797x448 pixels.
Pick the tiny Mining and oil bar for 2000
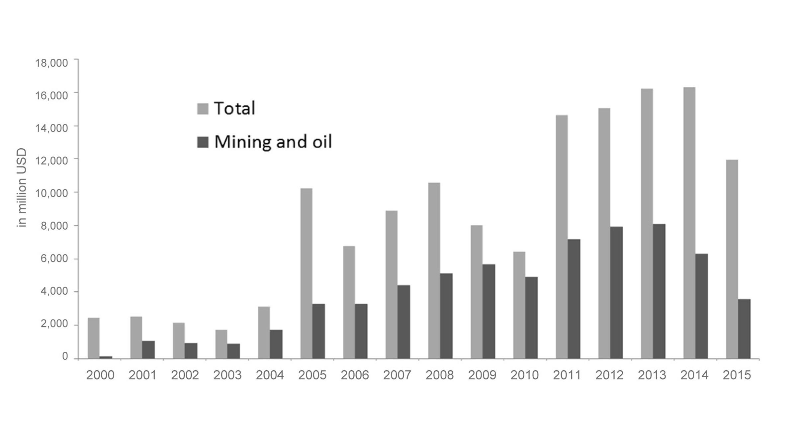106,357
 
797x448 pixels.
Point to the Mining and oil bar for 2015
744,329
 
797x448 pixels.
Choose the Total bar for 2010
519,305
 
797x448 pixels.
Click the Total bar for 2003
221,344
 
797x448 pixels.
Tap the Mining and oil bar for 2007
403,322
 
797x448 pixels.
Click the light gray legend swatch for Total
203,109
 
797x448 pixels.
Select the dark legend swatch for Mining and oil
203,142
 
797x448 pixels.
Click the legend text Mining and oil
273,142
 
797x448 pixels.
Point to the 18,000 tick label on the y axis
51,63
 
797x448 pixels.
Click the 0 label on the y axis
65,356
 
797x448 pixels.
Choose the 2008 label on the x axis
439,375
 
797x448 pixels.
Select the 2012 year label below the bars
609,375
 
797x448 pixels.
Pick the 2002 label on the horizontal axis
185,375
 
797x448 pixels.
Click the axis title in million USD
22,187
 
